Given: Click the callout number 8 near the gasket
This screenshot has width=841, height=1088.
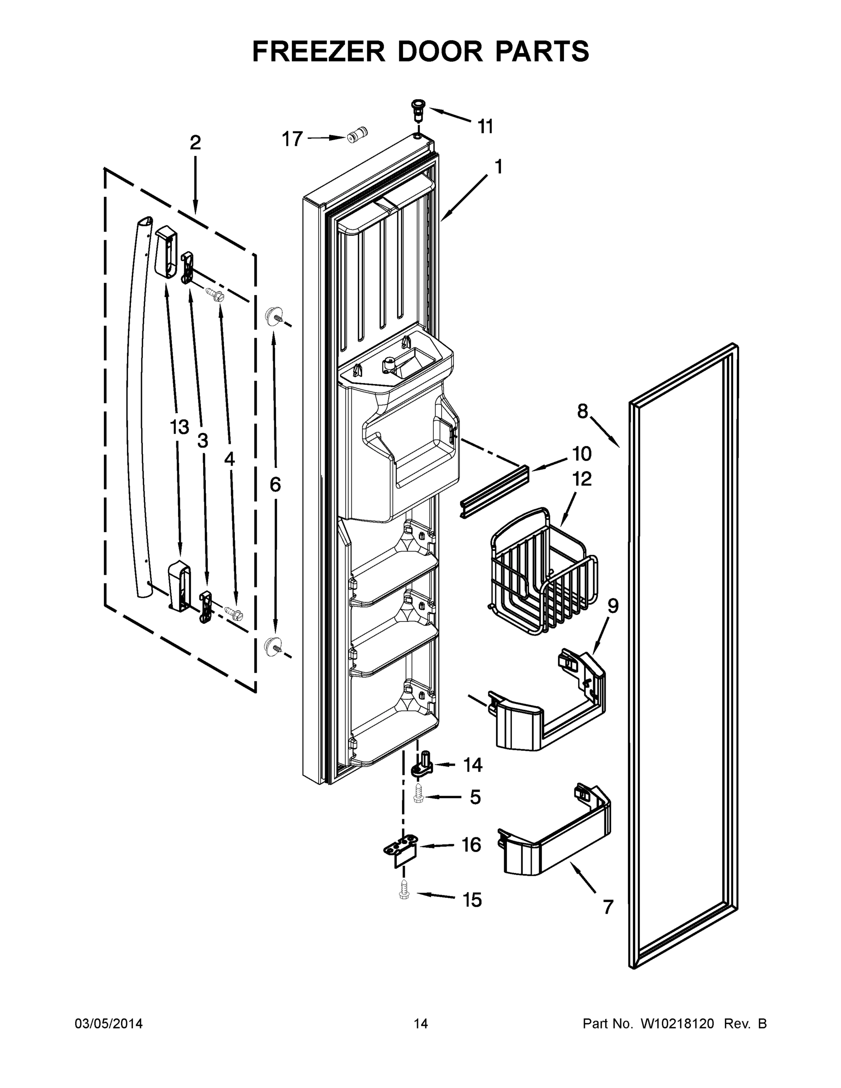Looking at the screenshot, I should tap(583, 412).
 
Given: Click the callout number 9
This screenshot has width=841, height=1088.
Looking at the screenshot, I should tap(613, 606).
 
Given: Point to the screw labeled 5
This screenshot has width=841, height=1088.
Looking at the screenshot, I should tap(418, 797).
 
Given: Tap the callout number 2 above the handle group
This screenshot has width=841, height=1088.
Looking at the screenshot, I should tap(195, 143).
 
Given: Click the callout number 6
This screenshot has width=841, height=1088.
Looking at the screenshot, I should tap(275, 484).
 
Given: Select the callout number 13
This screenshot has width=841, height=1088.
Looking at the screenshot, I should tap(180, 427).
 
